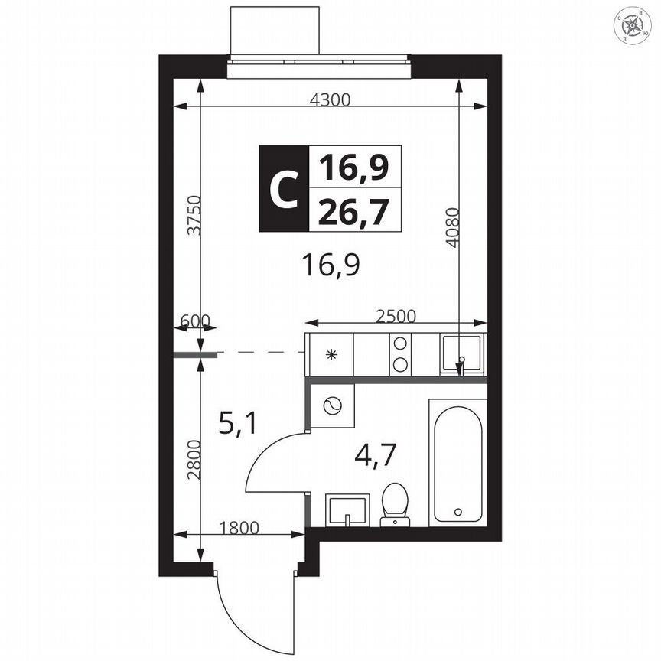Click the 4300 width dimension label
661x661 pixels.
click(330, 99)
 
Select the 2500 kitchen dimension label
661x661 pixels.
click(396, 315)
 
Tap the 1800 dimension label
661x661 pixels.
click(239, 526)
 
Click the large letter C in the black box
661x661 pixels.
click(283, 189)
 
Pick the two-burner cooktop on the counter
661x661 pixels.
click(400, 354)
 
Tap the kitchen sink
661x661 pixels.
click(461, 353)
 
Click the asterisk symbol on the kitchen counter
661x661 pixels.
click(331, 354)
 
